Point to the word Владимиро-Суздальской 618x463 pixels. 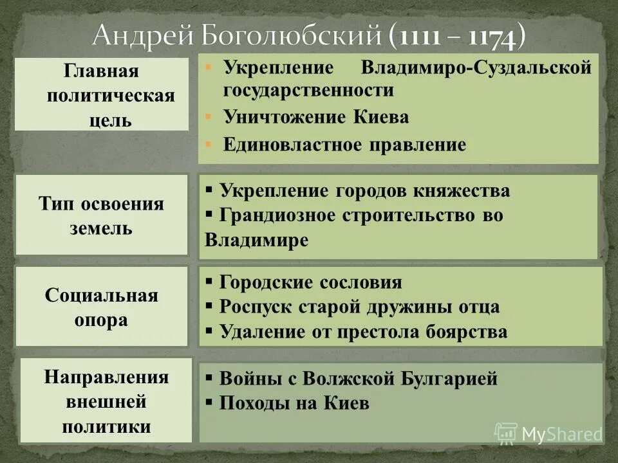tap(476, 68)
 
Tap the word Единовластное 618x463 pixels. tap(293, 145)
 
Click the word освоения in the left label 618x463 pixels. tap(123, 204)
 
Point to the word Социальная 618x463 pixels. tap(102, 296)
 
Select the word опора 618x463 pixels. tap(101, 320)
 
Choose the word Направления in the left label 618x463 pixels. tap(106, 377)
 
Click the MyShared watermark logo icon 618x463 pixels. tap(506, 433)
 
